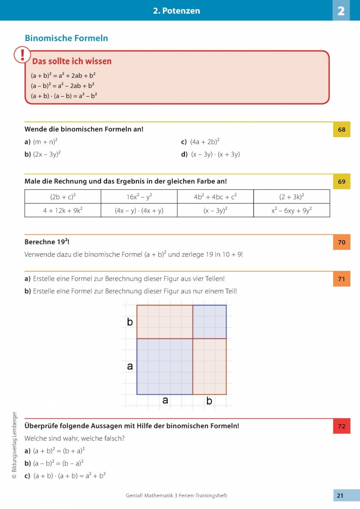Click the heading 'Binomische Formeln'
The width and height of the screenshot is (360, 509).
[x=66, y=38]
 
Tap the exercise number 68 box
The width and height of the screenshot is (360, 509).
[x=342, y=130]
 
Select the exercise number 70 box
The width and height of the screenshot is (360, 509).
[x=342, y=242]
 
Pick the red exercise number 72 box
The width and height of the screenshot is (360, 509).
[x=342, y=426]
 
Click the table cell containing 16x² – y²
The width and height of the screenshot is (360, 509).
[x=139, y=196]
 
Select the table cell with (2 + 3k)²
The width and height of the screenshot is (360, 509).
[x=291, y=196]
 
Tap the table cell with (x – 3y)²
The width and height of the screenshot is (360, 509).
[x=215, y=210]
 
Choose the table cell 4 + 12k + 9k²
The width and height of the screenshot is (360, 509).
[x=63, y=210]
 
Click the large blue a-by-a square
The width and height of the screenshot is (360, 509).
[x=165, y=366]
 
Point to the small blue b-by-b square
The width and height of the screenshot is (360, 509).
[x=209, y=321]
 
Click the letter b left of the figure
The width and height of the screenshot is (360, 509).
[x=130, y=322]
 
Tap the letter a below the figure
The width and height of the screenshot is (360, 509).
[x=165, y=400]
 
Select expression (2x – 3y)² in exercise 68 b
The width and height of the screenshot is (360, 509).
[x=47, y=154]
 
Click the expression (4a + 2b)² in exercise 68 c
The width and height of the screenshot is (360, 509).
[x=205, y=142]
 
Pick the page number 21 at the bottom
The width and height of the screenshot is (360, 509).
[x=340, y=496]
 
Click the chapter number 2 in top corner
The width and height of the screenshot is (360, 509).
[x=341, y=11]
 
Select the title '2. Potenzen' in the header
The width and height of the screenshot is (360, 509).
[x=176, y=11]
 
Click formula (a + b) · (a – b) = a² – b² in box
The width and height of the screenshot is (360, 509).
[x=64, y=95]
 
